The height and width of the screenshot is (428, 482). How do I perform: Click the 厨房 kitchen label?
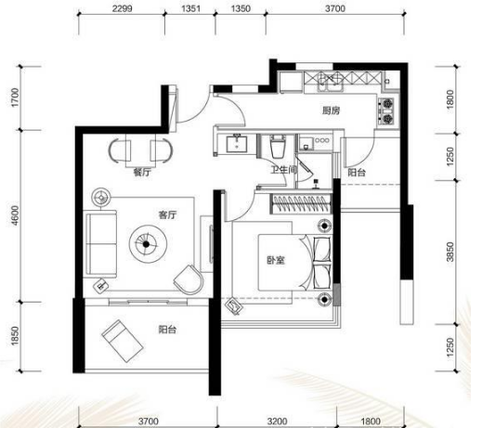coord(331,110)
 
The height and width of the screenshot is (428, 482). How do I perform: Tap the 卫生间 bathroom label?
coord(284,170)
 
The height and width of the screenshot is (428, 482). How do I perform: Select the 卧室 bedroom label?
coord(276,260)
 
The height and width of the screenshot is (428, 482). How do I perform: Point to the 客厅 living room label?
coord(167,214)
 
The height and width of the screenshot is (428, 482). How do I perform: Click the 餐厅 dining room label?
coord(142,172)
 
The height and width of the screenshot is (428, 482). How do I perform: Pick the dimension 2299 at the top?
coord(122,8)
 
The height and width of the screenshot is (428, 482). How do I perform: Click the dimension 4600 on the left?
coord(15,215)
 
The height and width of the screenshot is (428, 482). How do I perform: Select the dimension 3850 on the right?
coord(450,252)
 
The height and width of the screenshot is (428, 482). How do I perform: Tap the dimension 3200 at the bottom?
coord(278,422)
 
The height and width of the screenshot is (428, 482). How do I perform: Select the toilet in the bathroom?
coord(279,146)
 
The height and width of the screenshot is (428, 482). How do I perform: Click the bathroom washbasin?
coord(237,143)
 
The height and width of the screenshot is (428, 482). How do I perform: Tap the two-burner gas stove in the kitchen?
coord(387,111)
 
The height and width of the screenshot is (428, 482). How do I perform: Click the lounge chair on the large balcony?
coord(123,341)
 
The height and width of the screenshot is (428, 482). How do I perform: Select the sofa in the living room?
coord(101,243)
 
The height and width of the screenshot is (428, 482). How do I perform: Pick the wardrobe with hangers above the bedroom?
coord(301,203)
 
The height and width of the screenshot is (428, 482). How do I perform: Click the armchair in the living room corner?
coord(189,279)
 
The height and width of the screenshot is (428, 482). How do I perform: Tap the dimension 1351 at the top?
coord(190,8)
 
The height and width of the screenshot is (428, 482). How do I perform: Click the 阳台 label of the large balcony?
coord(167,330)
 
